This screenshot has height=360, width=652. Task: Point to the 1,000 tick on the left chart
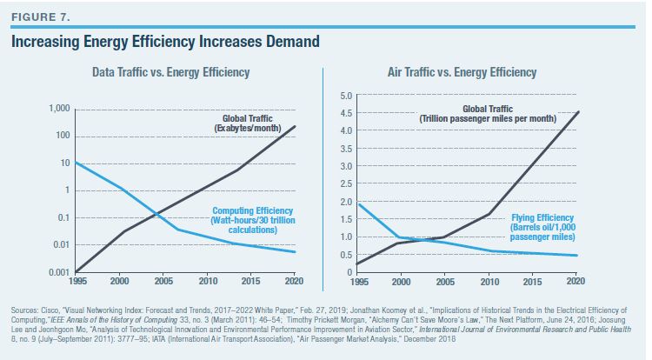point(57,109)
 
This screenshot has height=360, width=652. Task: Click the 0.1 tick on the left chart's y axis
point(61,218)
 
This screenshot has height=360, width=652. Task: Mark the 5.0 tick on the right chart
point(344,95)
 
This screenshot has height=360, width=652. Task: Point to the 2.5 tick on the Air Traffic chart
point(344,183)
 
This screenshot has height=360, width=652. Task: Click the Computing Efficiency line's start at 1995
point(77,163)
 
